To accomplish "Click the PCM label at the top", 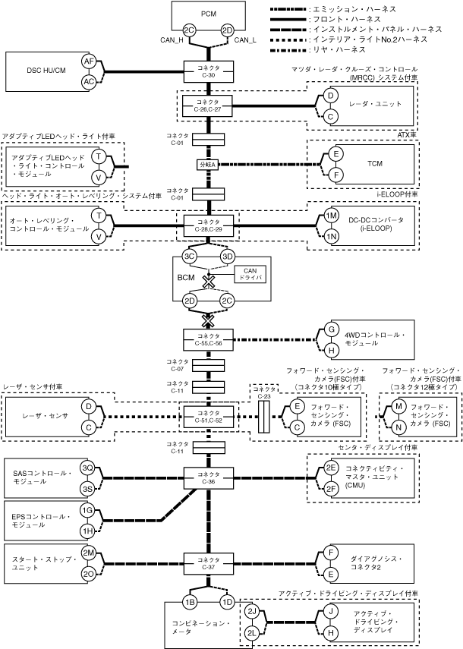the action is pos(209,14).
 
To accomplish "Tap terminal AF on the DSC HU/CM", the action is pos(89,61).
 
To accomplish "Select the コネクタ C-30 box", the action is pos(209,71).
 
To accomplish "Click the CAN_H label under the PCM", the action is pos(172,40).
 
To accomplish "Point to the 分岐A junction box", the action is pos(208,164).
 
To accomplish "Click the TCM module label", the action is pos(375,163).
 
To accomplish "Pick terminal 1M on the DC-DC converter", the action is pos(331,216).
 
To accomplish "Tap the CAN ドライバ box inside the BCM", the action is pos(250,275).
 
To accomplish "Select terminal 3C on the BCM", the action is pos(190,257).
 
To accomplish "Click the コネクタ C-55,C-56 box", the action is pos(209,340).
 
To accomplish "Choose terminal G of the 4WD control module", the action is pos(331,329).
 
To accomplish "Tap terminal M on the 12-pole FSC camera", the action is pos(398,406).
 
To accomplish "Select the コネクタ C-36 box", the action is pos(209,478).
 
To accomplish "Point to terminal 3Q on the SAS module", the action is pos(87,468).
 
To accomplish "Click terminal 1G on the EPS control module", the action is pos(87,510).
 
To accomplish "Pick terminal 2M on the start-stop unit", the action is pos(88,553).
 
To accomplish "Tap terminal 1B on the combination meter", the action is pos(190,602).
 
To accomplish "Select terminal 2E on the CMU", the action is pos(331,468).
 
